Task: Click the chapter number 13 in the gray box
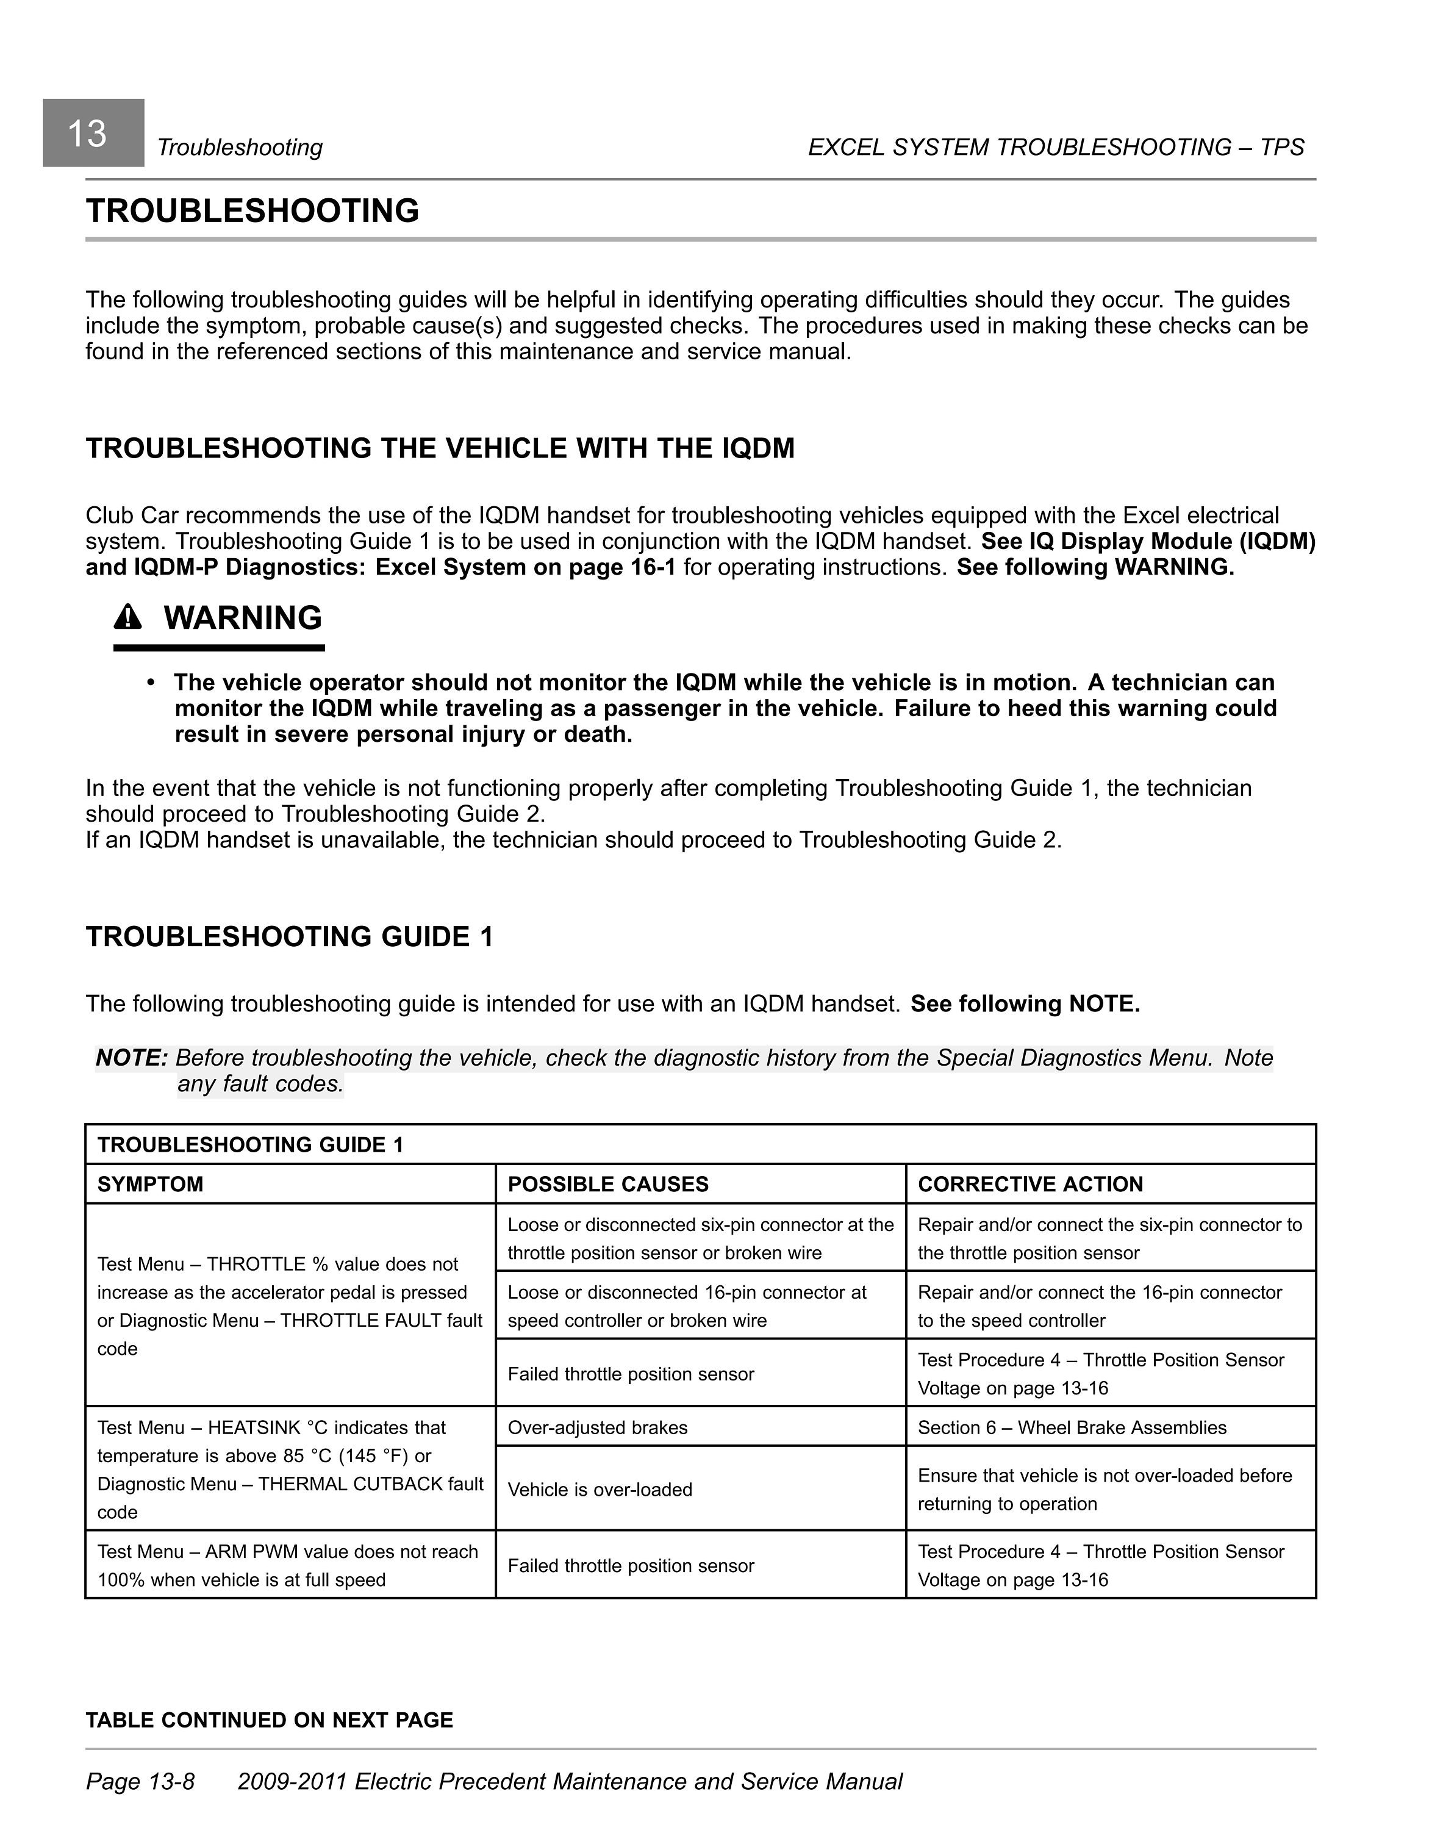pyautogui.click(x=87, y=134)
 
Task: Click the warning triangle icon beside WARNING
pyautogui.click(x=127, y=619)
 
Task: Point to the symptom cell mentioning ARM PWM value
pyautogui.click(x=287, y=1565)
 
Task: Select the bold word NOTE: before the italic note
pyautogui.click(x=132, y=1058)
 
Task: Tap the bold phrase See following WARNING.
pyautogui.click(x=1095, y=567)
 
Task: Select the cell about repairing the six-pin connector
pyautogui.click(x=1109, y=1238)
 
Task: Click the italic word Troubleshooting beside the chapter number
pyautogui.click(x=240, y=148)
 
